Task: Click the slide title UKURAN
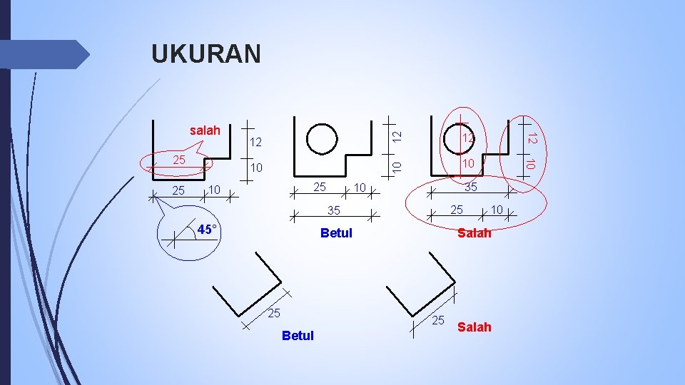click(206, 54)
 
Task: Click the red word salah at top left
click(205, 130)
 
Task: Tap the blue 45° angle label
click(208, 230)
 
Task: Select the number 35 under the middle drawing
click(333, 210)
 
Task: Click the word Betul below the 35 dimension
click(336, 233)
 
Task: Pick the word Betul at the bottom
click(298, 336)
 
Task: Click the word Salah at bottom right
click(474, 327)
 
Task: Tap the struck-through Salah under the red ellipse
click(474, 233)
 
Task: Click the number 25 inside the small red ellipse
click(180, 160)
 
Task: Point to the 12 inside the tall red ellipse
click(467, 138)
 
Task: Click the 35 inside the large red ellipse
click(471, 188)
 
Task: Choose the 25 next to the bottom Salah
click(438, 320)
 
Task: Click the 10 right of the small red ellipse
click(256, 168)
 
